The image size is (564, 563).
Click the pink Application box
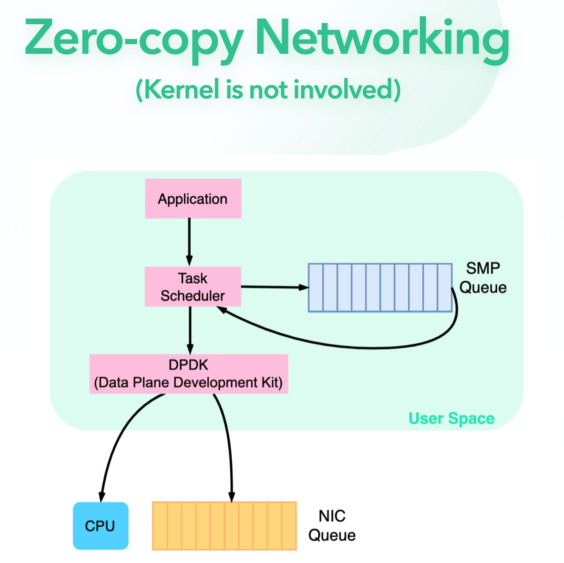click(x=193, y=199)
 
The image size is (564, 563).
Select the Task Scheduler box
click(x=193, y=287)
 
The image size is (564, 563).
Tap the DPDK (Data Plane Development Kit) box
click(x=188, y=374)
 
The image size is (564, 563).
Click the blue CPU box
click(x=100, y=525)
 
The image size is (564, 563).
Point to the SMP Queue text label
click(x=483, y=278)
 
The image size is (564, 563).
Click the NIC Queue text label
click(x=332, y=525)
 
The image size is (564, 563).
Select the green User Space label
click(x=451, y=418)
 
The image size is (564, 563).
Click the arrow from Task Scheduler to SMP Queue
click(x=274, y=287)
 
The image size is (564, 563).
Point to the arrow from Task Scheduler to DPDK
click(x=190, y=330)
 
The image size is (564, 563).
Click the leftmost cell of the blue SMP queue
click(x=316, y=288)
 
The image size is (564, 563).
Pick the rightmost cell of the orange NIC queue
click(x=289, y=526)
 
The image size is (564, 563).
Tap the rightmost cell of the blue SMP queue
click(x=444, y=288)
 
